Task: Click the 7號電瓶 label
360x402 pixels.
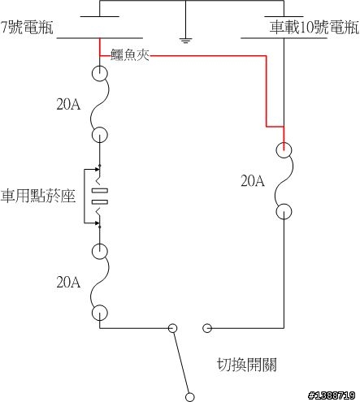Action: tap(27, 27)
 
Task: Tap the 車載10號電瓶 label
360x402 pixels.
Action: tap(314, 27)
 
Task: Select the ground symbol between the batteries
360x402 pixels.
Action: tap(185, 41)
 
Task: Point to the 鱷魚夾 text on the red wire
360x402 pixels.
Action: tap(130, 55)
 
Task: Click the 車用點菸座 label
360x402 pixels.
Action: tap(37, 196)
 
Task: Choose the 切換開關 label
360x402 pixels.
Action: tap(247, 365)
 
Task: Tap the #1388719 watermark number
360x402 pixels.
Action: tap(332, 396)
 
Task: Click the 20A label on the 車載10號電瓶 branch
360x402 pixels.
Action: tap(253, 181)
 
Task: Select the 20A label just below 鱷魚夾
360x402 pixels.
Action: tap(68, 104)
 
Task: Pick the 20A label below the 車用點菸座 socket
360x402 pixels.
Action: tap(68, 282)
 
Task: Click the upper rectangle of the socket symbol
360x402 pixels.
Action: tap(100, 191)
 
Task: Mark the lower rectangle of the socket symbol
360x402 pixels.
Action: tap(100, 202)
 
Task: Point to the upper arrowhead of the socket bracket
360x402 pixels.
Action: tap(97, 169)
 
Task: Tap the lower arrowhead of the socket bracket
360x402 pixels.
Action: tap(97, 223)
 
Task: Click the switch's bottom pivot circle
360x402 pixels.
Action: tap(190, 397)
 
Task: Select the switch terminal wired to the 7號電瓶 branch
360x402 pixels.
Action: tap(172, 328)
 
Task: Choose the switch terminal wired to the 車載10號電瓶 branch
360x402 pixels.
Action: tap(207, 328)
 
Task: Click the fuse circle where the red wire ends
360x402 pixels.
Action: tap(284, 150)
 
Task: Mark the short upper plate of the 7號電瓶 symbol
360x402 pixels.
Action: tap(100, 16)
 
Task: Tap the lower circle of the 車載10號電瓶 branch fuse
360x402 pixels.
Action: tap(284, 211)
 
